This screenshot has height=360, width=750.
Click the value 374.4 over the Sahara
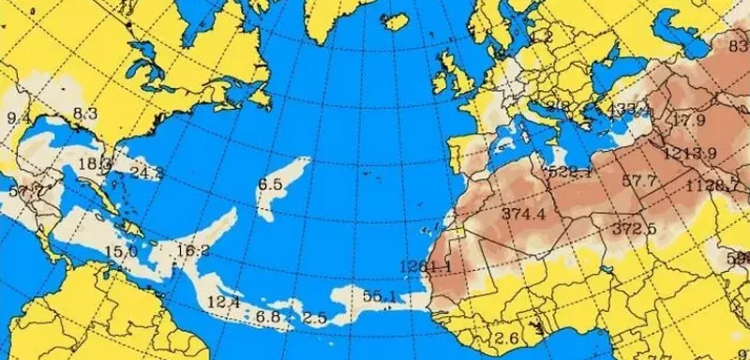(523, 215)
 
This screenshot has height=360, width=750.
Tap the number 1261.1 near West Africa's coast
(425, 265)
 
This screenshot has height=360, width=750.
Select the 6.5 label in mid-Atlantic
(270, 185)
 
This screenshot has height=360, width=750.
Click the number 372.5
(634, 229)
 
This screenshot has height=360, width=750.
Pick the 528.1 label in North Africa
(569, 172)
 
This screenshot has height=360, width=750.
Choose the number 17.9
(689, 120)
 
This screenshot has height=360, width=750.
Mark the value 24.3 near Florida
(146, 172)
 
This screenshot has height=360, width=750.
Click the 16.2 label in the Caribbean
(192, 250)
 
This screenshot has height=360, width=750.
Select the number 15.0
(121, 251)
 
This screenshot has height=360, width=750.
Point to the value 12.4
(223, 302)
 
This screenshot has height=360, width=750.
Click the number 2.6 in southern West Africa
(506, 338)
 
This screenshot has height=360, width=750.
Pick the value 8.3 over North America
(84, 113)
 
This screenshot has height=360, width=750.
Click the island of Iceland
(398, 21)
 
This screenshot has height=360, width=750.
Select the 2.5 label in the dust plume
(316, 318)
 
